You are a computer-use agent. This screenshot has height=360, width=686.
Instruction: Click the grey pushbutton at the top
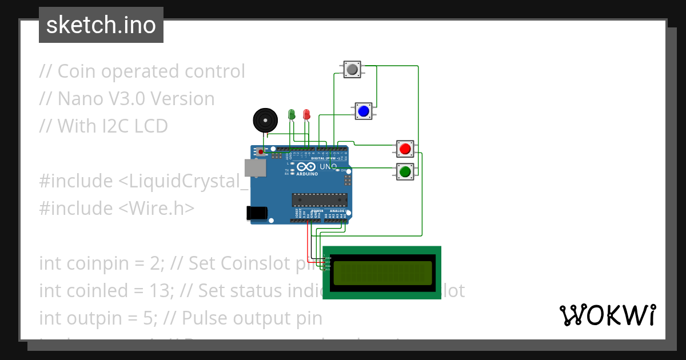352,70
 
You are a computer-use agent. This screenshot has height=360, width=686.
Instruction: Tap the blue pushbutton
363,110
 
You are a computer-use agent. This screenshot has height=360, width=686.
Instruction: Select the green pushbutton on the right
405,171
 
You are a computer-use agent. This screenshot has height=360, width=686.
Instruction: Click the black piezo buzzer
264,121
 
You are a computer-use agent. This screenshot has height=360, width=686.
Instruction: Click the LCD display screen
382,273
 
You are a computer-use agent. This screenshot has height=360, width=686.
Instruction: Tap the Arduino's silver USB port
254,167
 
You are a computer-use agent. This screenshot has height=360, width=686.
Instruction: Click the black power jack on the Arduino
257,213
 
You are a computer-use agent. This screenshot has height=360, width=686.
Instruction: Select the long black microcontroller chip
320,199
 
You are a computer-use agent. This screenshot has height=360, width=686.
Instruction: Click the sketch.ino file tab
101,25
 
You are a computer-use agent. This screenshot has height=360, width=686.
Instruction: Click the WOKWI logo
607,315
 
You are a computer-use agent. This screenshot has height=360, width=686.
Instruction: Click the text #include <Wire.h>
117,208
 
